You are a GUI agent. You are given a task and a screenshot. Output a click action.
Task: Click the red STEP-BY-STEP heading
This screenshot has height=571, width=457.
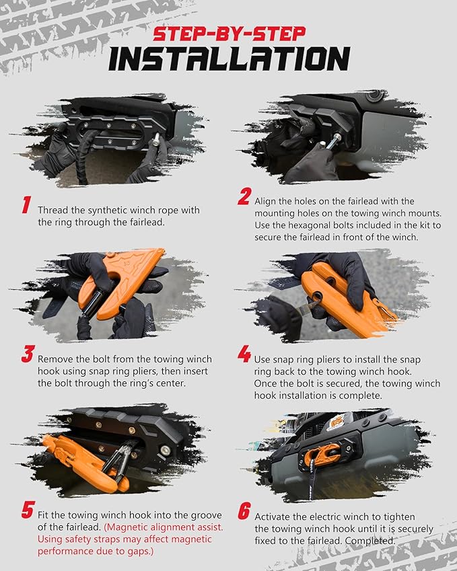230,34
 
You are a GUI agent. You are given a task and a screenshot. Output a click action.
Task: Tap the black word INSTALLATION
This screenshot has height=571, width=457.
230,59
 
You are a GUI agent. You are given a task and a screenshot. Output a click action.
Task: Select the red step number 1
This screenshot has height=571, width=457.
26,204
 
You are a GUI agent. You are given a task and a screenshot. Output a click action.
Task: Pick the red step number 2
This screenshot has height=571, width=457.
244,196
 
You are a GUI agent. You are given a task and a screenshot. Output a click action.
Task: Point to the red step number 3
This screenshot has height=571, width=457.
28,354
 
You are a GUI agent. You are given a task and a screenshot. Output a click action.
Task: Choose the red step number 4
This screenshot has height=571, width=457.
244,354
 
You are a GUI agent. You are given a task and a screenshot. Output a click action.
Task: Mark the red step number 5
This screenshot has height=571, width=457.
28,509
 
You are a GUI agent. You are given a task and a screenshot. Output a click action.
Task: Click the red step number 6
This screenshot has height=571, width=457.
244,511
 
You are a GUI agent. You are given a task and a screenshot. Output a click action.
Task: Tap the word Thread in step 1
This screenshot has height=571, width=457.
50,210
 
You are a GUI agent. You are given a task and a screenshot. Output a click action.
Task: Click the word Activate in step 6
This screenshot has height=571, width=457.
270,517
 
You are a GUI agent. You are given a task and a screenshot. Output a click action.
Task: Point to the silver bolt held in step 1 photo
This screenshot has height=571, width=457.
156,139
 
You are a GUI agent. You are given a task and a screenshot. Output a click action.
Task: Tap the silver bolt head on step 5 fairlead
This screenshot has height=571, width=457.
166,451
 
